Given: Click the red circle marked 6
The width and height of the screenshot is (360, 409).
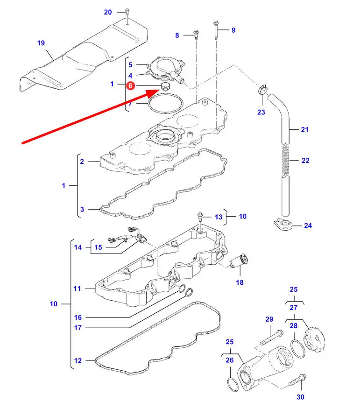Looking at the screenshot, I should (130, 86).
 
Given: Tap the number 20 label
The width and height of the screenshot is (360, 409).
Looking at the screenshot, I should (108, 12).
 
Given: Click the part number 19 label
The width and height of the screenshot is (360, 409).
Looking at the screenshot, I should (41, 43).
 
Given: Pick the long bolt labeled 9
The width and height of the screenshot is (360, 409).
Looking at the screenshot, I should (216, 29).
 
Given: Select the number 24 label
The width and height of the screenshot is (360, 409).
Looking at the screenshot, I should (308, 226).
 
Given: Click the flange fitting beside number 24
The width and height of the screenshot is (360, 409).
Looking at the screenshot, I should (282, 225).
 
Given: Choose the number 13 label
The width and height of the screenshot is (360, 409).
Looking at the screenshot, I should (219, 217).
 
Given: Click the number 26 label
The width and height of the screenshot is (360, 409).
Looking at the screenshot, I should (229, 360).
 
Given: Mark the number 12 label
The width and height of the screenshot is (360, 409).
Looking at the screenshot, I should (78, 360).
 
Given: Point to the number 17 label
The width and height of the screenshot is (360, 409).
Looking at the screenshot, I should (78, 328).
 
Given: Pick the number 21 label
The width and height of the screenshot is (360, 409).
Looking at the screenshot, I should (305, 130).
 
